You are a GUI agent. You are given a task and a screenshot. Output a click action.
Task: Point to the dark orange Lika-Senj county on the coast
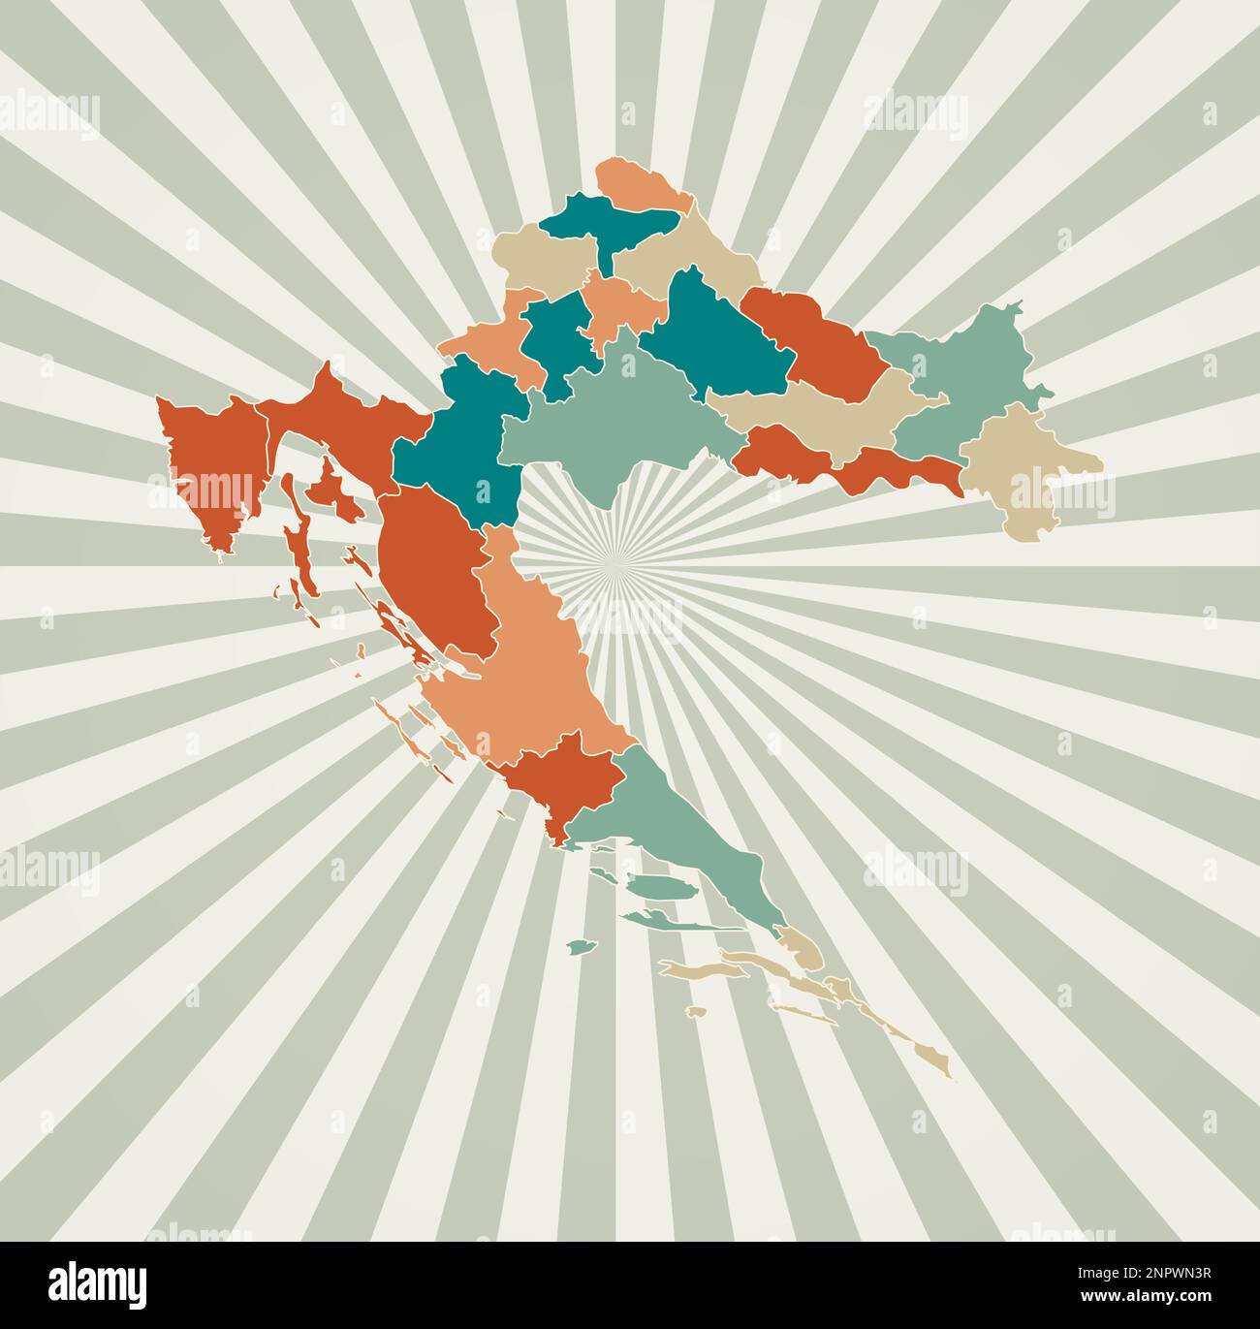pyautogui.click(x=431, y=572)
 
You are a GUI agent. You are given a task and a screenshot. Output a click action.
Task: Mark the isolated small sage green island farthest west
pyautogui.click(x=581, y=946)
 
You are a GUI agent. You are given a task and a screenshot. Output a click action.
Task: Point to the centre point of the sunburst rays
pyautogui.click(x=613, y=559)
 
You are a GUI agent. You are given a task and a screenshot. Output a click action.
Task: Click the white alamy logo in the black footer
pyautogui.click(x=99, y=1284)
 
